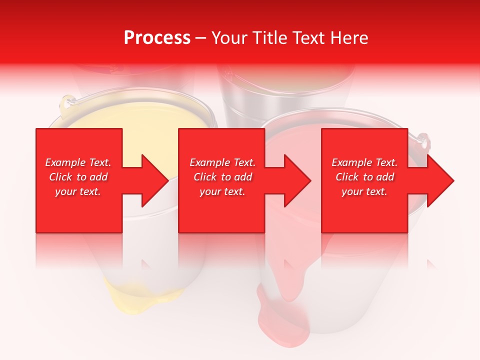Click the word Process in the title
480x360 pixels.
pos(157,38)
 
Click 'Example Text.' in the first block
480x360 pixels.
pos(78,162)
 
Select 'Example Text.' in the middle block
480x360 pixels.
pos(222,162)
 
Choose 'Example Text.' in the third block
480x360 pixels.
pos(364,162)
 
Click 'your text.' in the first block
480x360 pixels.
pos(78,191)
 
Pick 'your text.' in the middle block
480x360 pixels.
pos(222,191)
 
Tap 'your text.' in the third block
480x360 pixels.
pos(364,191)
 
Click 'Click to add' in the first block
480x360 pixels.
pos(78,177)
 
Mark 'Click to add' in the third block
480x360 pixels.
pos(364,177)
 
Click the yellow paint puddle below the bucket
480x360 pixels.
pos(125,300)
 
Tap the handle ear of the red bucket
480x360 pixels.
pos(424,142)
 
